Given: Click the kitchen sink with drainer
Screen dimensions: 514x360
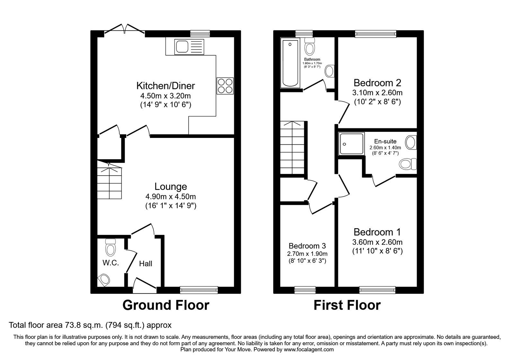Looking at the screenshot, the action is pyautogui.click(x=189, y=47).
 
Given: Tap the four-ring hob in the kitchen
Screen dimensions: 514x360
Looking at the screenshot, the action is pyautogui.click(x=225, y=86).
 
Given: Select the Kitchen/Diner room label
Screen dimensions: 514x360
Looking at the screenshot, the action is pyautogui.click(x=166, y=86).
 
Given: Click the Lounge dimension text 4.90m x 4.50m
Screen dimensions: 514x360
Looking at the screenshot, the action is pyautogui.click(x=171, y=196).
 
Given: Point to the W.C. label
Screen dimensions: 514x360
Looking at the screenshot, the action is pyautogui.click(x=111, y=263).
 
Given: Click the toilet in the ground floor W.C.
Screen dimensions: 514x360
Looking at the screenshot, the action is pyautogui.click(x=111, y=247).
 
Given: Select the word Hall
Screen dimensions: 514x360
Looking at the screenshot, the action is pyautogui.click(x=146, y=264).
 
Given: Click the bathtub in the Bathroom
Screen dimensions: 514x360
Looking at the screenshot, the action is pyautogui.click(x=290, y=63).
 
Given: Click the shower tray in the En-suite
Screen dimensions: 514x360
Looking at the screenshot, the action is pyautogui.click(x=351, y=143).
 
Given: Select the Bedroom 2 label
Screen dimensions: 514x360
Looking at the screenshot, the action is pyautogui.click(x=377, y=83).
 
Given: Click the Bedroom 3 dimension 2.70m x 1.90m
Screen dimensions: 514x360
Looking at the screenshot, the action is pyautogui.click(x=307, y=254).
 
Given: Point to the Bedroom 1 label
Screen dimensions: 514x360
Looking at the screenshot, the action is pyautogui.click(x=377, y=232).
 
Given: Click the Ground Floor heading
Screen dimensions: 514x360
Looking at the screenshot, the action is pyautogui.click(x=166, y=305).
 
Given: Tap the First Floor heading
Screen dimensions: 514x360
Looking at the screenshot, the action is pyautogui.click(x=347, y=305).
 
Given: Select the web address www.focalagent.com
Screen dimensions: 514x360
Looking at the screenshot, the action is pyautogui.click(x=309, y=350).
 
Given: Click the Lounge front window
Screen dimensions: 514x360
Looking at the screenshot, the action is pyautogui.click(x=199, y=290).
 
